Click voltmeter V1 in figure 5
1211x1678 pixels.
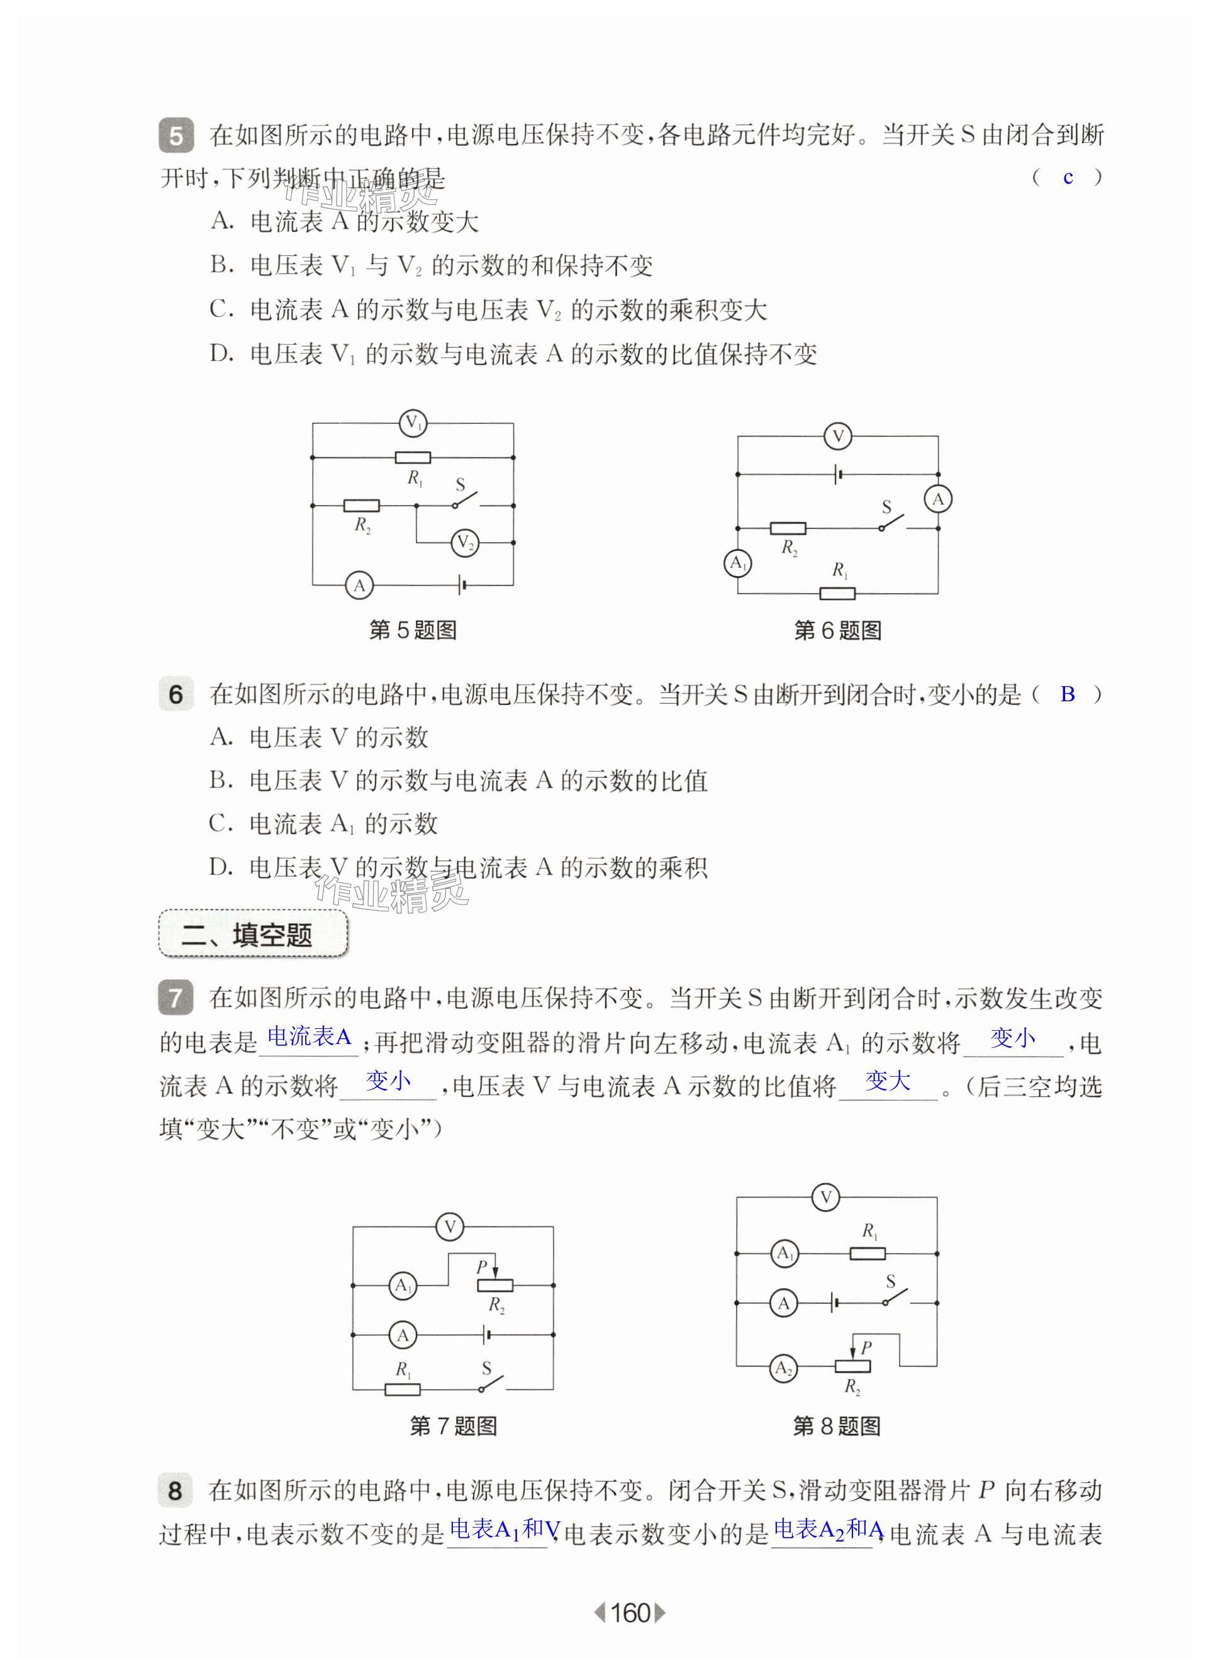(412, 423)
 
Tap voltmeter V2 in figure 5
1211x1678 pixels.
(465, 543)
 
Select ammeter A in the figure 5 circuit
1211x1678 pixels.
(359, 586)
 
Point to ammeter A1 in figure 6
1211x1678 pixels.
(737, 563)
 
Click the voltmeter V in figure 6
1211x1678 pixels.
(838, 436)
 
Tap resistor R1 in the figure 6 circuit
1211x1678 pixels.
(837, 593)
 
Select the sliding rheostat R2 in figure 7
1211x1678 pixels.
(494, 1285)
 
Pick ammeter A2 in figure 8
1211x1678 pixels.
(784, 1367)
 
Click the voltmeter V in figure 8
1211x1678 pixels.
(825, 1197)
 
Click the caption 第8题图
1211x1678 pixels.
(837, 1426)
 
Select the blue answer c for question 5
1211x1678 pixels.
(1068, 177)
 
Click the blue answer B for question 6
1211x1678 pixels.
(1068, 694)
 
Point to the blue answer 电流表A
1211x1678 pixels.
(309, 1036)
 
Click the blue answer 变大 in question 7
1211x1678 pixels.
(888, 1081)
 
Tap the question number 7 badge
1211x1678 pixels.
(176, 997)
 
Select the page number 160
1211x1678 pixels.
(630, 1613)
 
